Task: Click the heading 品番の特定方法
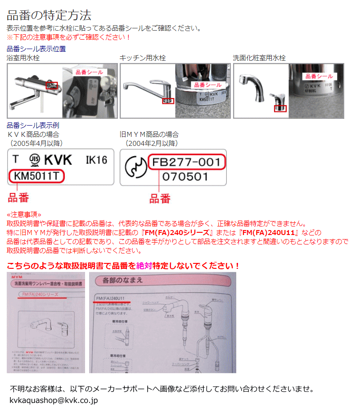pyautogui.click(x=49, y=15)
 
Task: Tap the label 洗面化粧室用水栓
pyautogui.click(x=259, y=58)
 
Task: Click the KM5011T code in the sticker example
pyautogui.click(x=36, y=176)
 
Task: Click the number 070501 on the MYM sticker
pyautogui.click(x=185, y=176)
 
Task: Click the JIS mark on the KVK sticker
pyautogui.click(x=34, y=160)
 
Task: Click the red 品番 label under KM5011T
pyautogui.click(x=19, y=197)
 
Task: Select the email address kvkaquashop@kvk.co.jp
pyautogui.click(x=54, y=400)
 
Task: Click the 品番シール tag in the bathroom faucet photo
pyautogui.click(x=89, y=72)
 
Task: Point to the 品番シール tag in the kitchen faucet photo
pyautogui.click(x=207, y=85)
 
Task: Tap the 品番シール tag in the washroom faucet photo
pyautogui.click(x=319, y=76)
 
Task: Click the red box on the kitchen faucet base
pyautogui.click(x=168, y=101)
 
